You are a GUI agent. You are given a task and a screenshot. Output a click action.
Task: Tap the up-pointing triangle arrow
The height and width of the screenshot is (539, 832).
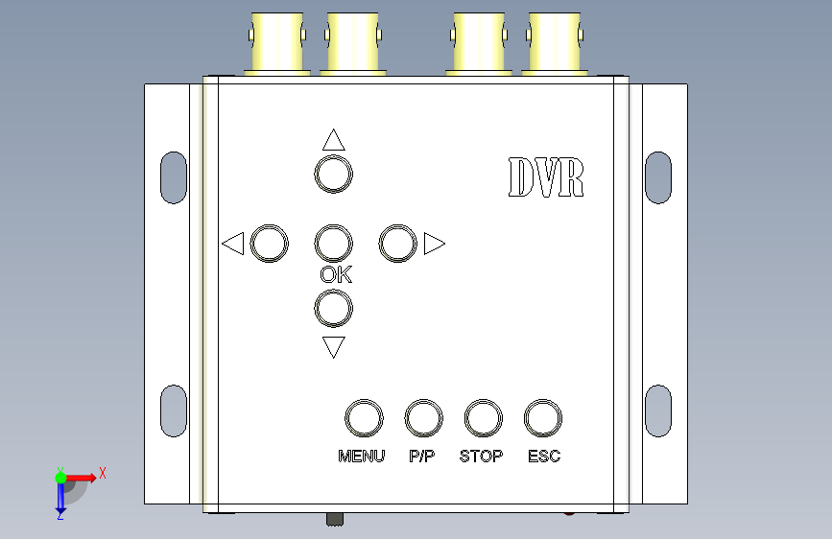[334, 140]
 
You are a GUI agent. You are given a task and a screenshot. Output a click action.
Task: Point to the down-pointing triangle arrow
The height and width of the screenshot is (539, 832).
[334, 346]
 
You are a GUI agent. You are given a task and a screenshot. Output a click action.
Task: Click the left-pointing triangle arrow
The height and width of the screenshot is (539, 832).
[233, 244]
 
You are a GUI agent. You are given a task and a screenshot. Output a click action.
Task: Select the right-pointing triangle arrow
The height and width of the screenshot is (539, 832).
[434, 244]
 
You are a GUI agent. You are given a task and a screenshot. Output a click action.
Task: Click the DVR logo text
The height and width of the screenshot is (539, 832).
[546, 177]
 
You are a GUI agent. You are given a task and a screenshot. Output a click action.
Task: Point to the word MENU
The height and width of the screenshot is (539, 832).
[362, 457]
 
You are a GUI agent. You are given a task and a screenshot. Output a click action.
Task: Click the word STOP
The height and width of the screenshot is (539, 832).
[482, 457]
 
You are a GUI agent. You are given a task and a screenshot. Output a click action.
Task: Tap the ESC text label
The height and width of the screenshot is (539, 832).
[544, 457]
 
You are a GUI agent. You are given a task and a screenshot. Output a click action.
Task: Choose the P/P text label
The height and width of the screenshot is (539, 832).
[422, 457]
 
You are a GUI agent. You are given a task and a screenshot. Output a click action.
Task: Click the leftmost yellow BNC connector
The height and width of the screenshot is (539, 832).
[277, 43]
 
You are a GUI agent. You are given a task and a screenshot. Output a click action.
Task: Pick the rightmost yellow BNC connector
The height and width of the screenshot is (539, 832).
[555, 43]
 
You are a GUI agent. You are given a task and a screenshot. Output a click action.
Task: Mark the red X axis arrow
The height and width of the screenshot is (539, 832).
[81, 478]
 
